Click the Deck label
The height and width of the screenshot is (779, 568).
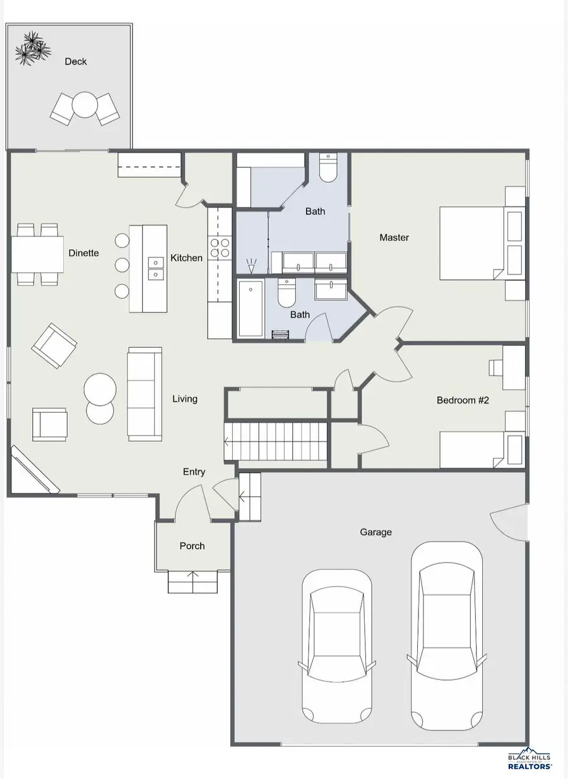pos(76,62)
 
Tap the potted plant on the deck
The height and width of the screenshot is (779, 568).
pos(33,48)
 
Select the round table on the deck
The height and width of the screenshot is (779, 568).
pos(85,104)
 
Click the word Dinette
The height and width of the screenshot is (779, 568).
pos(83,253)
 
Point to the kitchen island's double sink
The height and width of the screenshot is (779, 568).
pos(156,268)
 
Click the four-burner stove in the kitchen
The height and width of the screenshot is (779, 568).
pos(220,247)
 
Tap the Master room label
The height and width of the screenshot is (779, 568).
pos(394,237)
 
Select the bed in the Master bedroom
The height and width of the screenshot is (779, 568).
pos(482,244)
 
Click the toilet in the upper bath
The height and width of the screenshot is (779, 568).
pos(328,167)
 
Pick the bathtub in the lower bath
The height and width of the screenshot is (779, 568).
pos(251,309)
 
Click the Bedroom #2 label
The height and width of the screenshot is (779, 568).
pos(463,400)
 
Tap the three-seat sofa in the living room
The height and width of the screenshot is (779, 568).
pos(145,394)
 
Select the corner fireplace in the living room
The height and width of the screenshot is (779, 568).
pos(33,470)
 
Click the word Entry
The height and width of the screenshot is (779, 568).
pos(194,472)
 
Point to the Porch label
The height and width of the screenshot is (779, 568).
pos(192,546)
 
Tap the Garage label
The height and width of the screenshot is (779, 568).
pos(376,532)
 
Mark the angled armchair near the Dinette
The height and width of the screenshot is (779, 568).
pos(54,345)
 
